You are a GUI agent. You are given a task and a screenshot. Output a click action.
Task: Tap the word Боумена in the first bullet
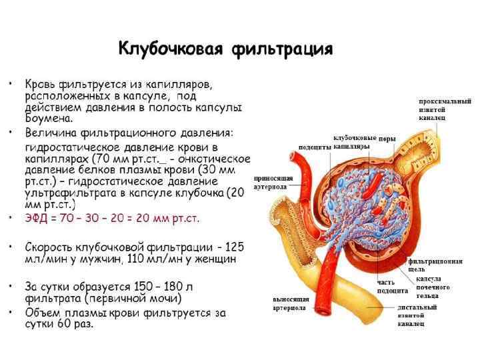[x=48, y=118]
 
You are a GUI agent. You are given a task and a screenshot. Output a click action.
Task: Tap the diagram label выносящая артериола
[x=289, y=304]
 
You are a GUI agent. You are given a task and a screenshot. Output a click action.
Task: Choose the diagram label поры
[x=387, y=139]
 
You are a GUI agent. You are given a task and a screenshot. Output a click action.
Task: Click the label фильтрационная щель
[x=435, y=265]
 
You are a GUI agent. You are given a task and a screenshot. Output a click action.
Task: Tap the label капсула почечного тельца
[x=433, y=287]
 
